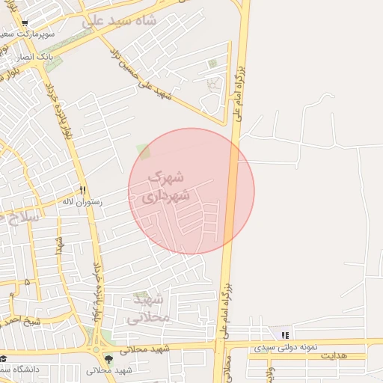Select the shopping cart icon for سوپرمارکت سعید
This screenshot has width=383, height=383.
click(x=25, y=24)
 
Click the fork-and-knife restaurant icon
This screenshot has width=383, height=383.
click(x=83, y=190)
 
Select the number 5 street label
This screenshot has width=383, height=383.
click(x=28, y=283)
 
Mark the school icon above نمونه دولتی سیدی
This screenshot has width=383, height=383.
click(x=284, y=335)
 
